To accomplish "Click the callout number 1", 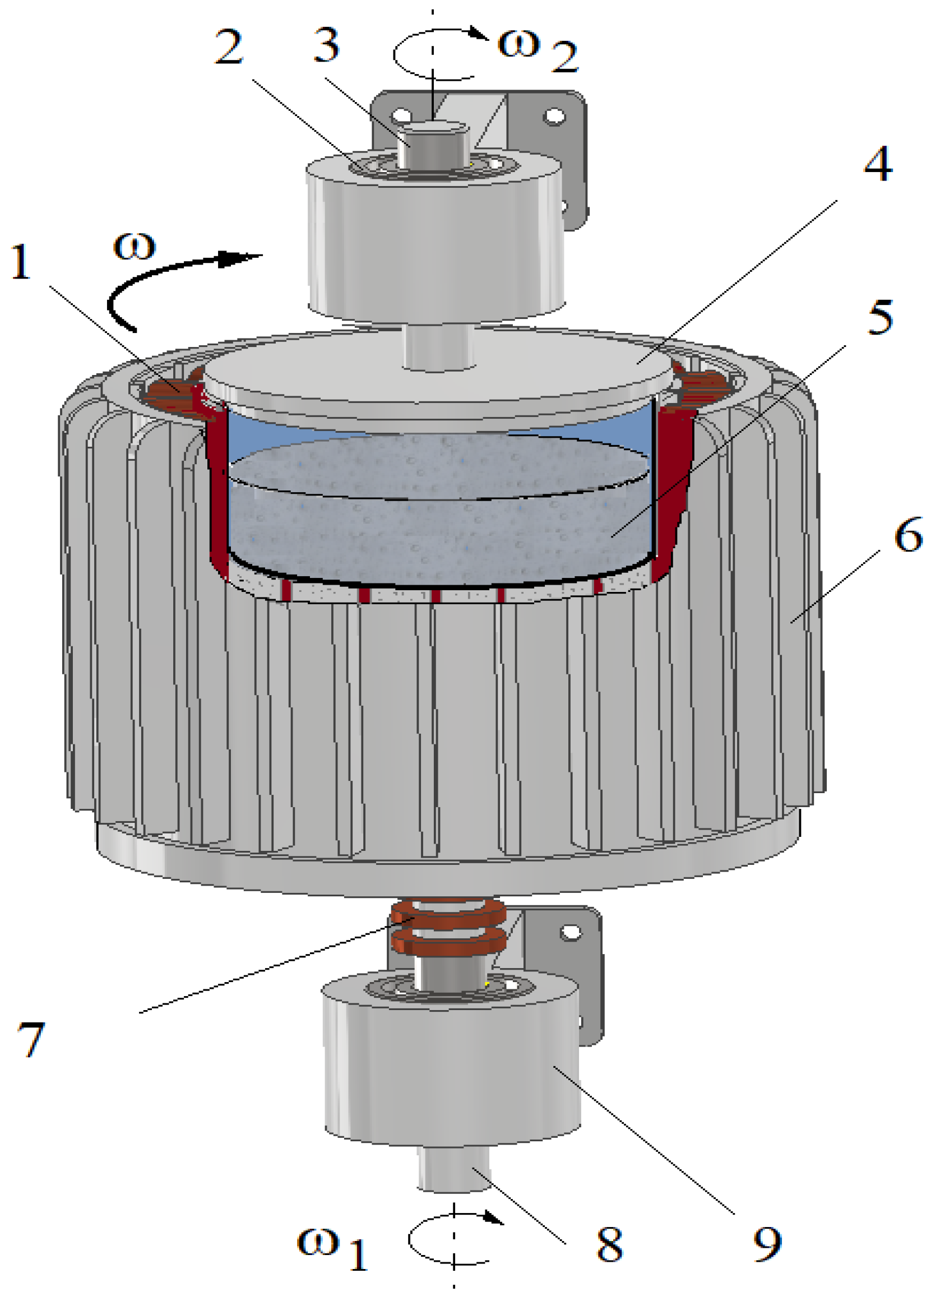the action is point(22,262).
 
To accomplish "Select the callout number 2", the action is point(229,46).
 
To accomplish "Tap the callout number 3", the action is point(327,45).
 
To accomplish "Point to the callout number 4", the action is point(878,164).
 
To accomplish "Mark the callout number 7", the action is point(31,1039).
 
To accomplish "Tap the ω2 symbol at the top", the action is point(538,50).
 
